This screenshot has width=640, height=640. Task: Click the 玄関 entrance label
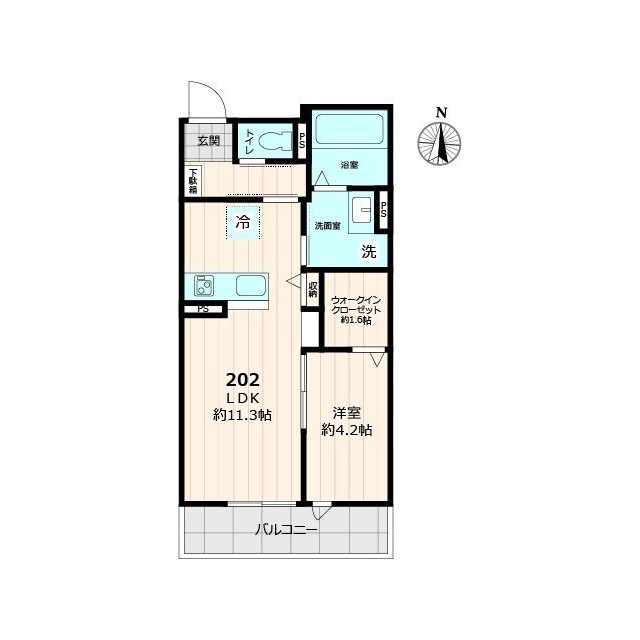click(x=209, y=141)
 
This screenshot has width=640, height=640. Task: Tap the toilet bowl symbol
click(x=276, y=141)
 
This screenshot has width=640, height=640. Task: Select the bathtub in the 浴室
click(x=349, y=129)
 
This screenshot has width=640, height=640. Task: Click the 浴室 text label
click(x=349, y=165)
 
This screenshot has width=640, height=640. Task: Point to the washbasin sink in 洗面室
click(x=361, y=213)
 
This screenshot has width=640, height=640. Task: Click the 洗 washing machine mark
click(x=369, y=252)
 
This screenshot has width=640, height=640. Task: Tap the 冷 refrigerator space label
click(x=243, y=223)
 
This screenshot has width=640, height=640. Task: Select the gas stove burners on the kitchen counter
click(x=204, y=285)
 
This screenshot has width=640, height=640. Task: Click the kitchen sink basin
click(x=251, y=285)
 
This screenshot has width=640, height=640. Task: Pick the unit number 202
click(x=243, y=380)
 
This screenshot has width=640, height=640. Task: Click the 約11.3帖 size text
click(x=242, y=416)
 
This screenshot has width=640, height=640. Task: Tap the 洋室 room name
click(x=347, y=413)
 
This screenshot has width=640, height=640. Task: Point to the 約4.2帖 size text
click(x=347, y=430)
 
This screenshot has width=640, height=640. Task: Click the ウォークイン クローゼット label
click(x=356, y=305)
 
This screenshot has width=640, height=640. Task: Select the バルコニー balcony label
click(x=286, y=531)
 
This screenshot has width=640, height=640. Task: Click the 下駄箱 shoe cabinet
click(x=193, y=181)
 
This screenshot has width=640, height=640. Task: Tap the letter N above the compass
click(x=441, y=112)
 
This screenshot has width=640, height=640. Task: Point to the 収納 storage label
click(x=313, y=289)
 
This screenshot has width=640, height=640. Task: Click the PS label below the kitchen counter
click(x=203, y=309)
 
